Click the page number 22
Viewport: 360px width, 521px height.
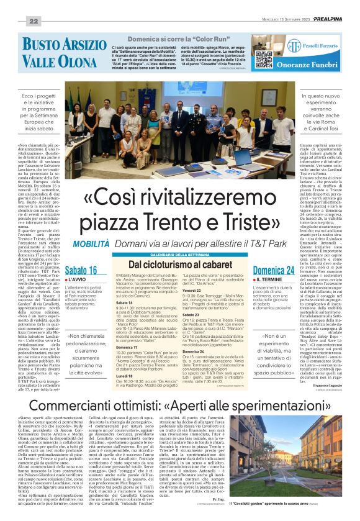(34, 22)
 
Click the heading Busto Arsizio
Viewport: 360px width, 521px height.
(56, 44)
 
